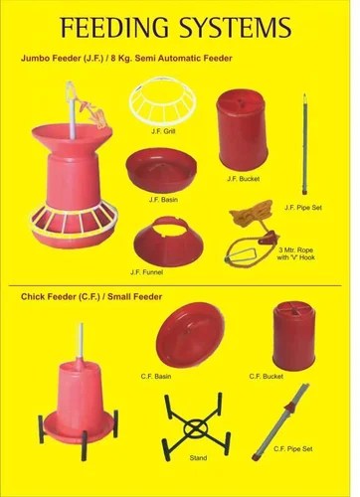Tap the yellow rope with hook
[x=254, y=233]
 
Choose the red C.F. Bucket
[x=292, y=337]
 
